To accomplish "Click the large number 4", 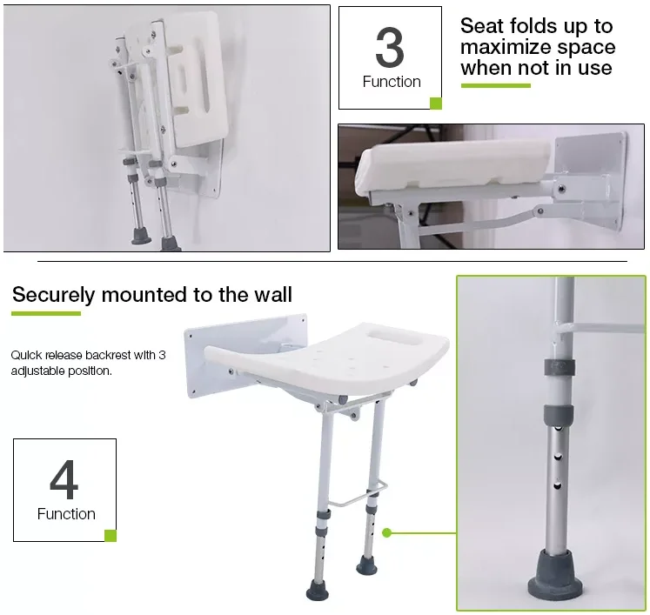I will (x=64, y=479).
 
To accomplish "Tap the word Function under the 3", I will (x=391, y=82).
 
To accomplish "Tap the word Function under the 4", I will (x=66, y=514).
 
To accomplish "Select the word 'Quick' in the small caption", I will (x=28, y=355).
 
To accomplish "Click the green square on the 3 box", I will (x=436, y=104).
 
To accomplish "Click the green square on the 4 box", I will (x=111, y=536).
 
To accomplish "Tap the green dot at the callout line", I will (x=387, y=532).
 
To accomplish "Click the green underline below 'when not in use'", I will (x=495, y=85).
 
